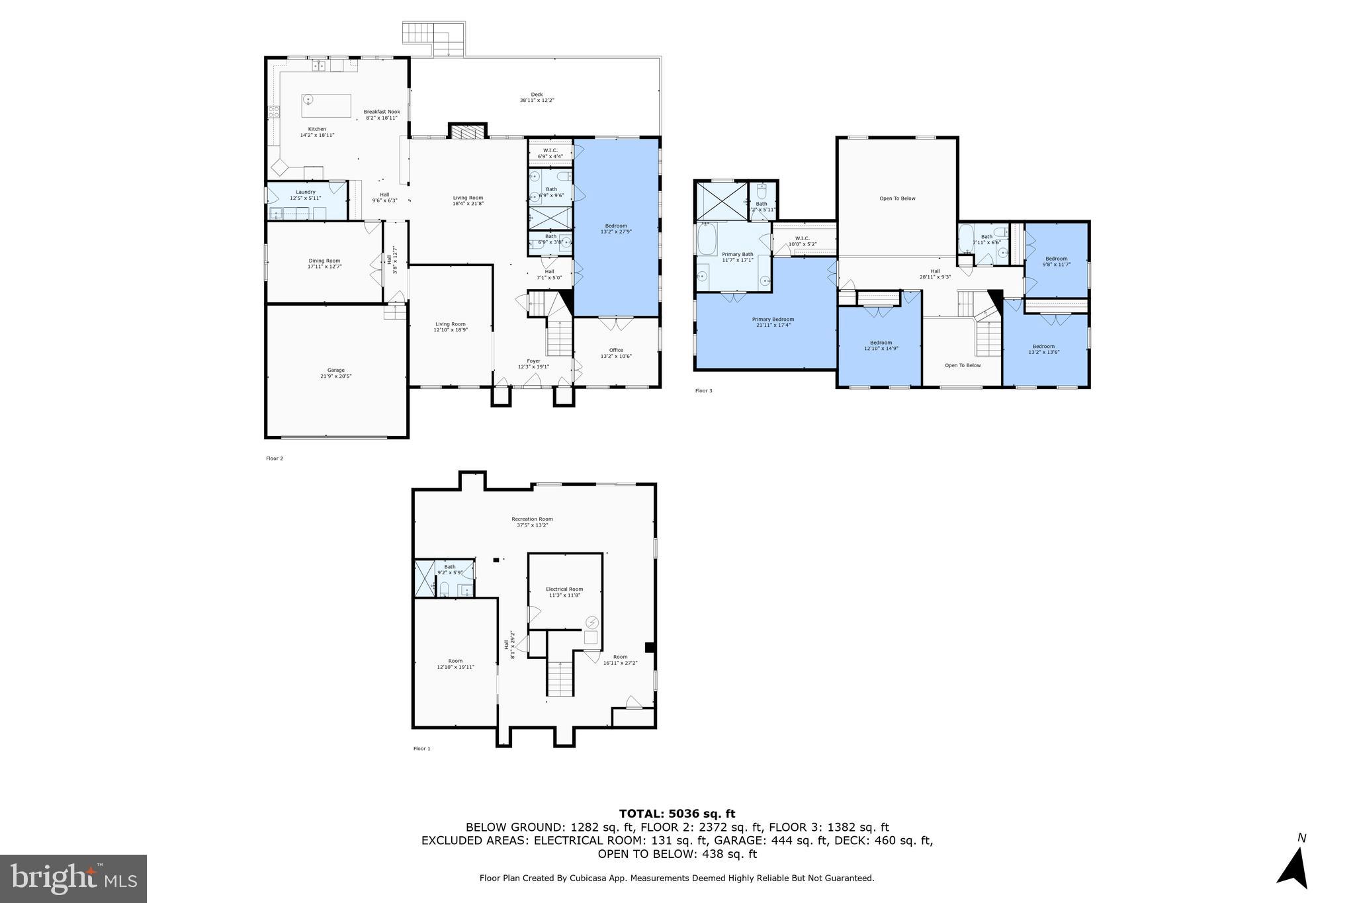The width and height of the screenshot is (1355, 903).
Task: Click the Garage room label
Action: [335, 373]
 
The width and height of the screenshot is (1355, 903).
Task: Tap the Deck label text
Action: [537, 97]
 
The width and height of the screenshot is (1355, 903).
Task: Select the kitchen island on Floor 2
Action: [326, 105]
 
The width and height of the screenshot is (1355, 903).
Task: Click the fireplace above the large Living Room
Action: [468, 132]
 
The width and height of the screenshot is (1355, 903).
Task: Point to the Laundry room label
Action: [305, 194]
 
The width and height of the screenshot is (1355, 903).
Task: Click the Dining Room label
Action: [324, 263]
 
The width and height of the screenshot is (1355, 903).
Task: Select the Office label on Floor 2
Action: [616, 353]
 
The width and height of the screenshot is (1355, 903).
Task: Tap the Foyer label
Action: [533, 364]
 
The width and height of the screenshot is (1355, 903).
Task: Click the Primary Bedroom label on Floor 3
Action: [773, 322]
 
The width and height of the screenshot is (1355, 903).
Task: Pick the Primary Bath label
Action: [737, 257]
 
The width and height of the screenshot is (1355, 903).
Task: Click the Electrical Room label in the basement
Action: [564, 592]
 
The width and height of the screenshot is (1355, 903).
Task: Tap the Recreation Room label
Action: [532, 522]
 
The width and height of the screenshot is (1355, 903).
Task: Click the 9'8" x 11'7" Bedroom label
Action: [1056, 261]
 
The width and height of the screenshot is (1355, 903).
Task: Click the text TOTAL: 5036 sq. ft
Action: [677, 814]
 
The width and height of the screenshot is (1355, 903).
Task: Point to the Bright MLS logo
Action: [73, 879]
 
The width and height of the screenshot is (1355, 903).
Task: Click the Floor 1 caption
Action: [421, 749]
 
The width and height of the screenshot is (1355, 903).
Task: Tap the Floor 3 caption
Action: [703, 391]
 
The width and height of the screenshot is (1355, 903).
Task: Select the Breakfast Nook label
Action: [382, 114]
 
